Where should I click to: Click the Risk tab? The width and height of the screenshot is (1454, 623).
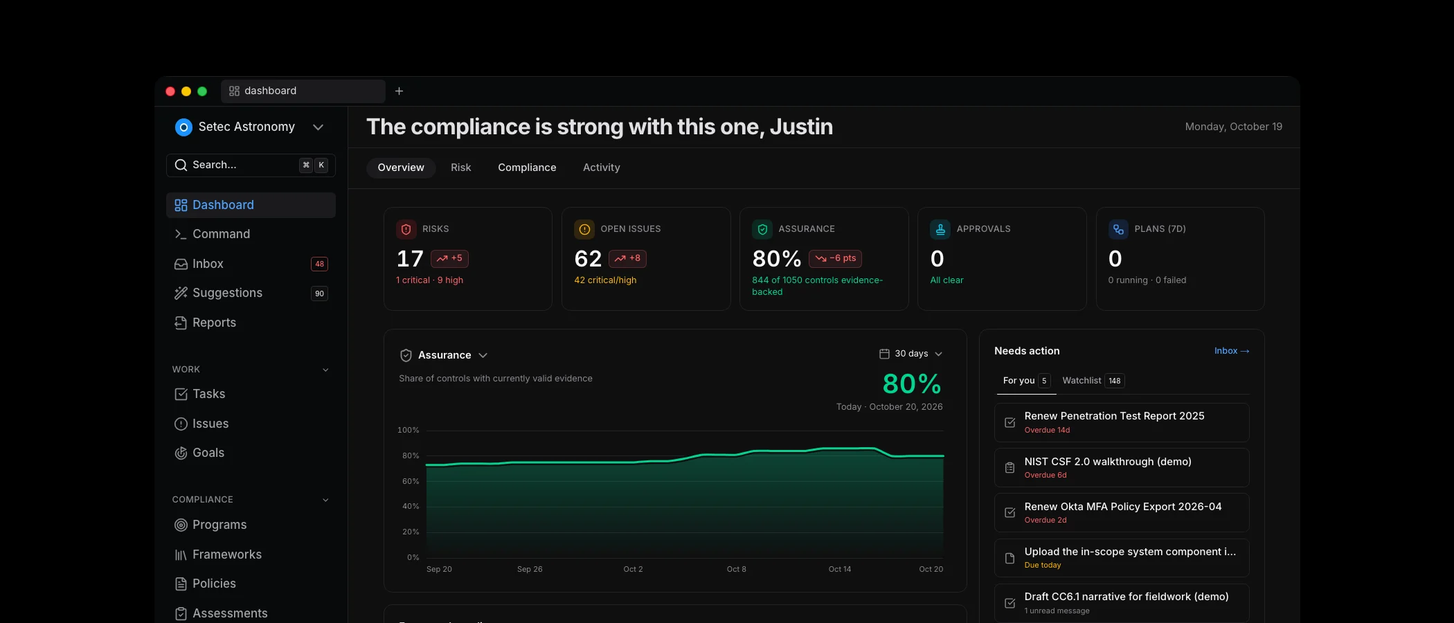[x=460, y=168]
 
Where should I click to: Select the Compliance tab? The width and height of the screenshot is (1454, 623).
[x=527, y=168]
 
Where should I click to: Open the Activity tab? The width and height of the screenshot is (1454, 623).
[x=601, y=168]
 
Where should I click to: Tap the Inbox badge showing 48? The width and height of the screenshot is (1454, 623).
[x=319, y=264]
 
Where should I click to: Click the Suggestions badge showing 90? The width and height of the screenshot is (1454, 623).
[x=319, y=294]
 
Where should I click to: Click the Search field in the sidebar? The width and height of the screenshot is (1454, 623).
[x=251, y=165]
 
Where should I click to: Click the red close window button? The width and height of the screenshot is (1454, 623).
[x=170, y=91]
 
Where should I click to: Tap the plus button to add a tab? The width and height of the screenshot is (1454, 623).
[x=399, y=91]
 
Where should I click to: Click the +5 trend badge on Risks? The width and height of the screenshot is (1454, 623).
[x=449, y=258]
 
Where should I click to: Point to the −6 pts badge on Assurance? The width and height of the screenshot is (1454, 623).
[x=835, y=258]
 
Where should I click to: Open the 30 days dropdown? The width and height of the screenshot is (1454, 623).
[x=910, y=354]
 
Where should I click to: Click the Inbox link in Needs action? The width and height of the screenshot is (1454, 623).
[x=1232, y=351]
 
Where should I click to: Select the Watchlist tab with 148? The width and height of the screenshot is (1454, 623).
[x=1093, y=381]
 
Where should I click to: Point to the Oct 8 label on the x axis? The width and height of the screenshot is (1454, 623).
[x=736, y=569]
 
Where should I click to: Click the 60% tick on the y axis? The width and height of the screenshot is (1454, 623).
[x=411, y=481]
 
